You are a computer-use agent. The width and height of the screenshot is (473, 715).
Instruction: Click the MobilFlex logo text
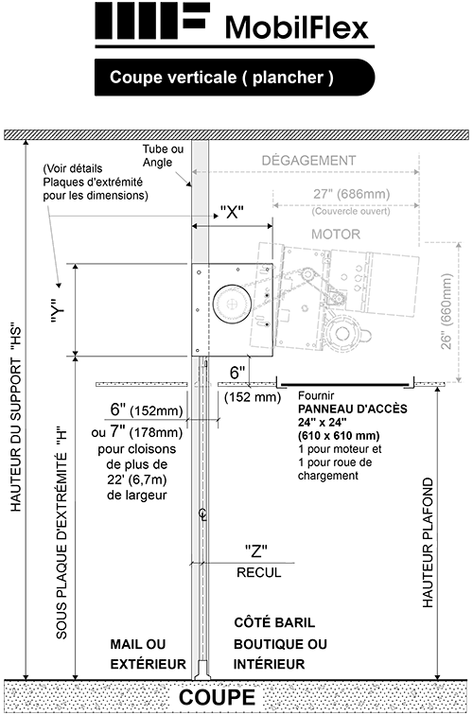296,27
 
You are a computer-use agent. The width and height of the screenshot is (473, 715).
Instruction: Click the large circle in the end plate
229,305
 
